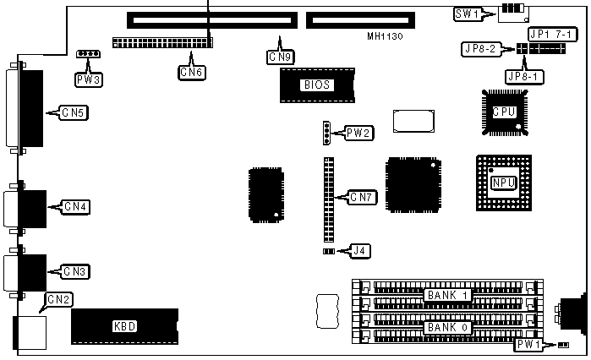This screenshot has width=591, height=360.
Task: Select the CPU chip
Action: coord(504,110)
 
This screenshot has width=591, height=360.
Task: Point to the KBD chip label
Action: coord(125,326)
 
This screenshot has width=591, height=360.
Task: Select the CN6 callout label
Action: coord(192,73)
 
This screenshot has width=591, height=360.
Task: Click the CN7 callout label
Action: coord(361,198)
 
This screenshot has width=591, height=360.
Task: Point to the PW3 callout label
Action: coord(87,80)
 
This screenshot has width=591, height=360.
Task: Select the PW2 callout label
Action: coord(357,133)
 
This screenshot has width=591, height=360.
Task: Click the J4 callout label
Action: coord(359,250)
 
